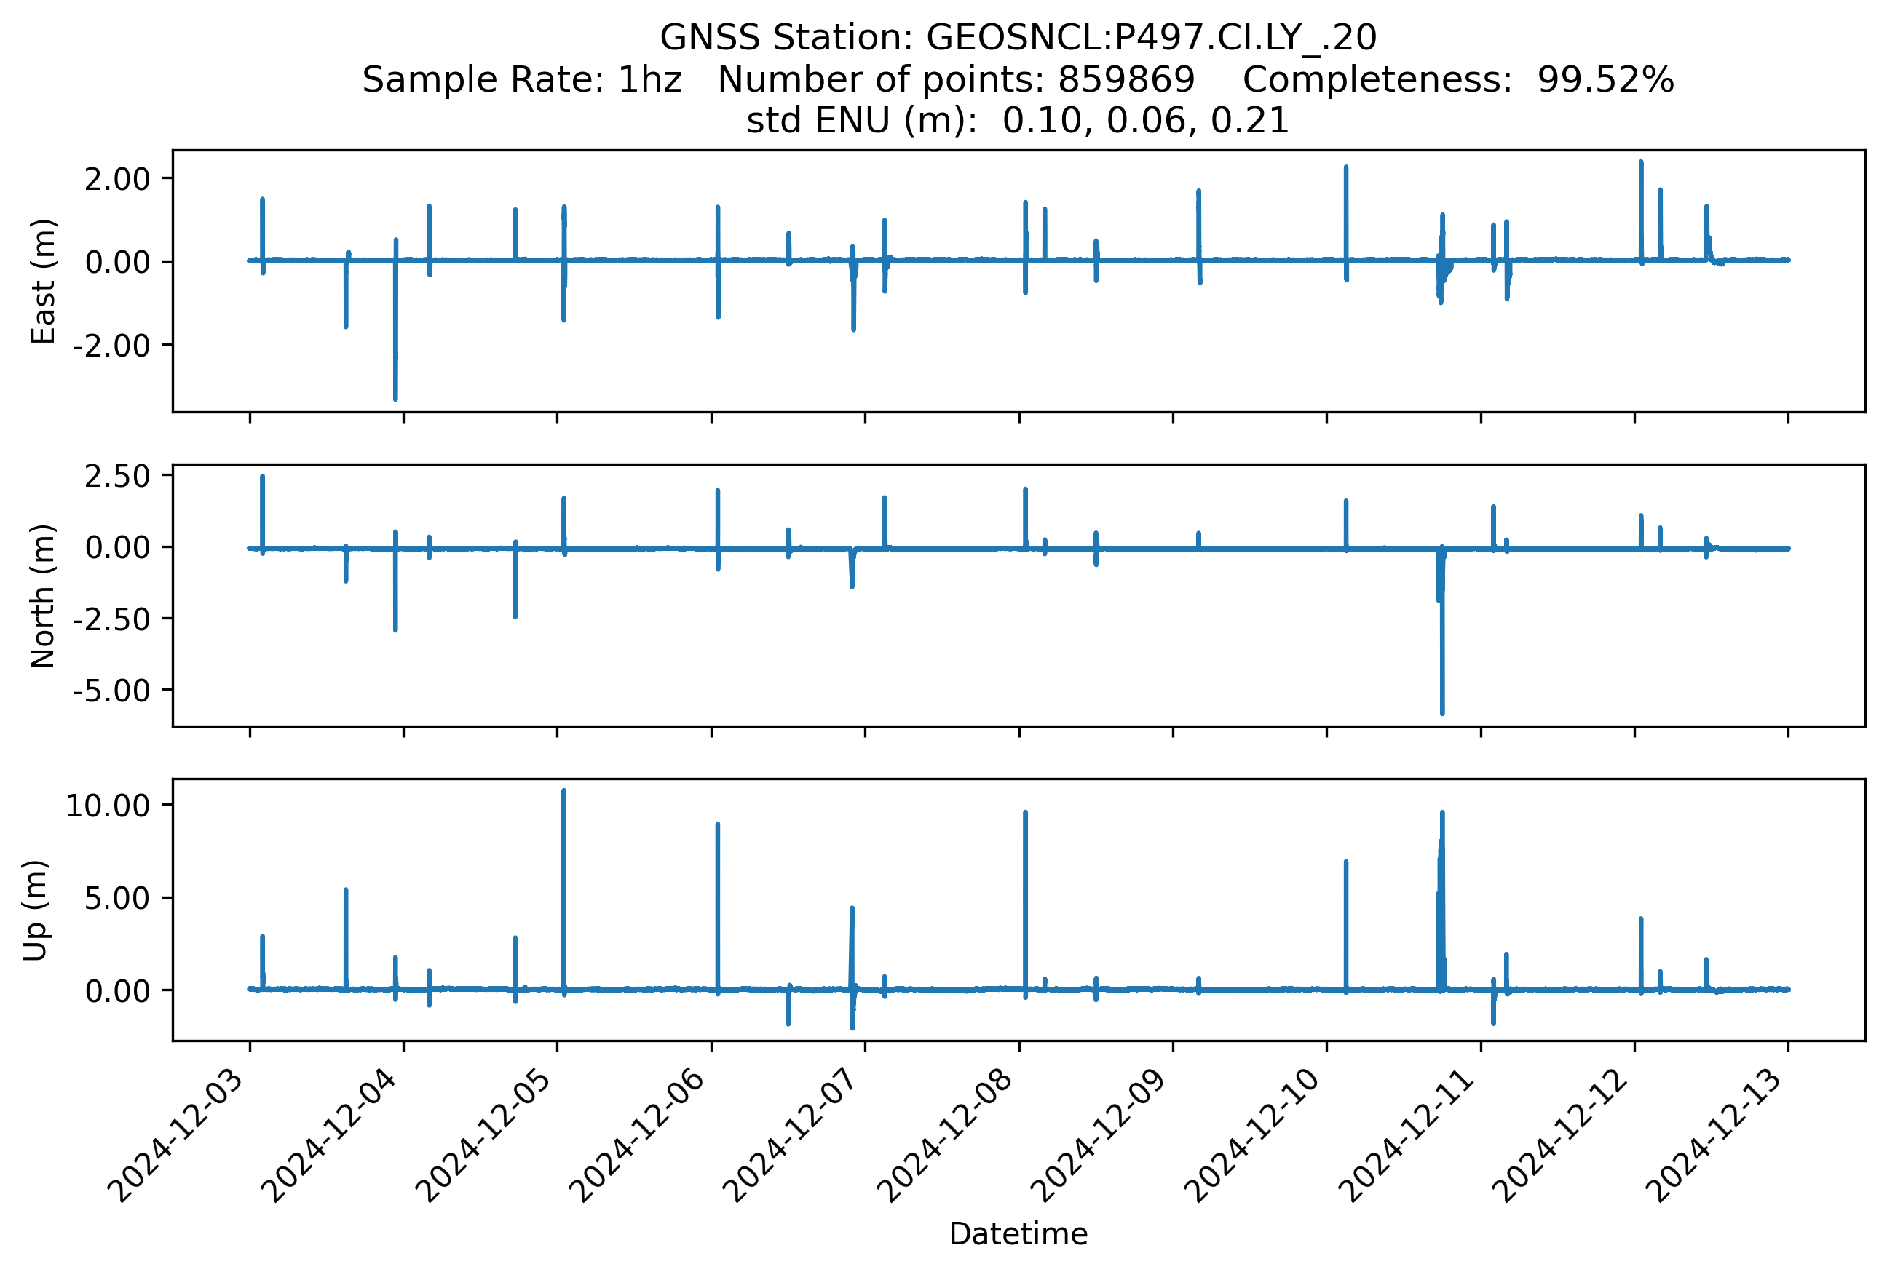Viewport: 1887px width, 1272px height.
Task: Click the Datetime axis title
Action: pos(1018,1234)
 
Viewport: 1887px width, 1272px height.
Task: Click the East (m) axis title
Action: pos(42,282)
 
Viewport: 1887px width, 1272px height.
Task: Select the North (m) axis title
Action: pos(42,596)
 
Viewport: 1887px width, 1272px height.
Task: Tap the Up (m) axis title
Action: pos(34,910)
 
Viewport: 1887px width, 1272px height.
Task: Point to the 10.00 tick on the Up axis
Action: pos(108,806)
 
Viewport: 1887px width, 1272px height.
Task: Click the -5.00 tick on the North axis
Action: pos(112,691)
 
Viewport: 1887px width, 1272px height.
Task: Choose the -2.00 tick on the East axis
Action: pos(112,346)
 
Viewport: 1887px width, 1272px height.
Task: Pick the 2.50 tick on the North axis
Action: pos(117,476)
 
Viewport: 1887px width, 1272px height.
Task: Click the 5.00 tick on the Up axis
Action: pos(117,898)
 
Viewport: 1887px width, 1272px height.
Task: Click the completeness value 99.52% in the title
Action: pos(1605,80)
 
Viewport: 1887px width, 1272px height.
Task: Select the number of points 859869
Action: pos(1126,80)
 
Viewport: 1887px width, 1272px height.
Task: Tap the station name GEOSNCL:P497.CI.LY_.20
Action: pos(1151,38)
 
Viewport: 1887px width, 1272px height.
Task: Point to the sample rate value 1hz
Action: pos(649,80)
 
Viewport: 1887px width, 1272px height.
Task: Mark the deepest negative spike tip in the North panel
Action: pos(1442,713)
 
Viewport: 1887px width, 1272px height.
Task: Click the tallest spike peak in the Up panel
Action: pos(563,790)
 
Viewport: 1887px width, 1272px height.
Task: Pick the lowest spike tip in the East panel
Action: pos(395,399)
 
